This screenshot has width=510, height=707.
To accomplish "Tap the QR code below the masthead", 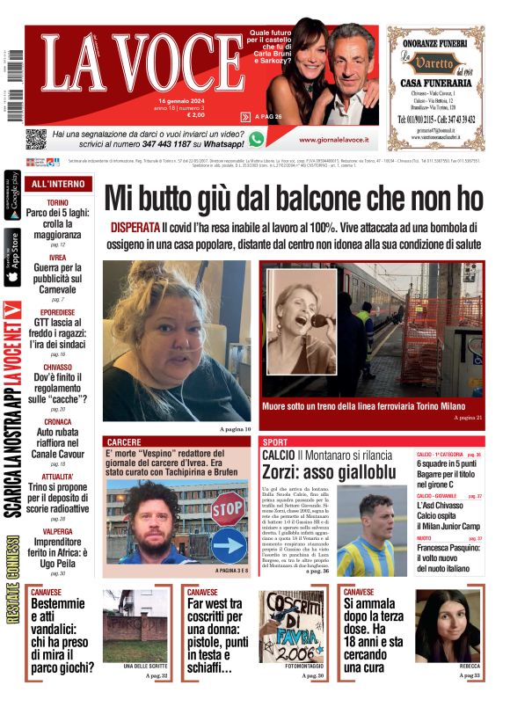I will tap(35, 139).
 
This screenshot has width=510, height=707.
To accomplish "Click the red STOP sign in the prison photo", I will tap(229, 507).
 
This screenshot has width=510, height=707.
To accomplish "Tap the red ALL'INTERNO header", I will tap(58, 185).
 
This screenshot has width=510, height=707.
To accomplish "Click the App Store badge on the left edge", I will tap(12, 258).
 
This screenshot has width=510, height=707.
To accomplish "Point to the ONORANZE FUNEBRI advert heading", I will tap(434, 40).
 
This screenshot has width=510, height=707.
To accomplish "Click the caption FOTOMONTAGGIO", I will tap(291, 666).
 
